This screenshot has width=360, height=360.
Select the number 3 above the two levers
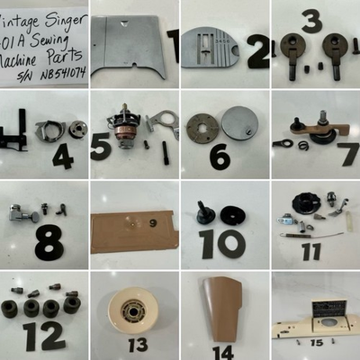click(311, 20)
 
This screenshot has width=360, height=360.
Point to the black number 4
click(62, 157)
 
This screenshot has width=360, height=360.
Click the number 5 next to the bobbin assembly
click(101, 145)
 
